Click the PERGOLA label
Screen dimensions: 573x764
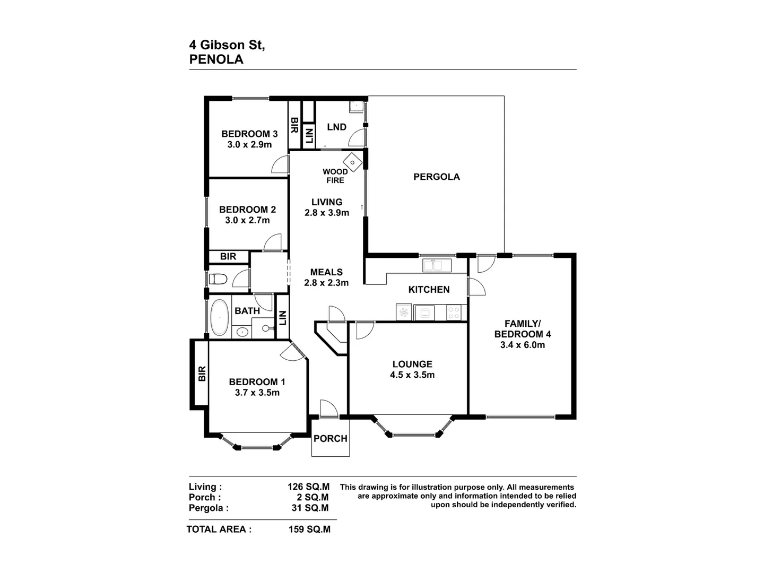tap(436, 177)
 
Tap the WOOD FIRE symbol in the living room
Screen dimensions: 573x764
tap(352, 161)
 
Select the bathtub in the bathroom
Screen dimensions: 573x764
tap(219, 318)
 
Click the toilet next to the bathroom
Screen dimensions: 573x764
tap(218, 279)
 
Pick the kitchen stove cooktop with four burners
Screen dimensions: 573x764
tap(453, 312)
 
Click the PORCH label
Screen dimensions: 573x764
tap(330, 438)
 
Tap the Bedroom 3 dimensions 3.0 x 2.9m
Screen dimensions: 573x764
tap(249, 144)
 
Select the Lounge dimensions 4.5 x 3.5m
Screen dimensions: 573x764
tap(412, 375)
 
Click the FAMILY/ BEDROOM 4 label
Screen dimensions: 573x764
tap(522, 328)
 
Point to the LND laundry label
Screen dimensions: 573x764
tap(336, 127)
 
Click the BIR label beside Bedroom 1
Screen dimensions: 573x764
tap(202, 374)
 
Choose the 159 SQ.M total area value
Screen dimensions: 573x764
tap(309, 529)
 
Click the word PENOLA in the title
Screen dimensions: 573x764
tap(216, 59)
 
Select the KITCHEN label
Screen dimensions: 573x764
tap(429, 289)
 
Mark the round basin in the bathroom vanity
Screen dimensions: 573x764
tap(242, 332)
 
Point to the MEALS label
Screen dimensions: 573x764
tap(326, 272)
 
